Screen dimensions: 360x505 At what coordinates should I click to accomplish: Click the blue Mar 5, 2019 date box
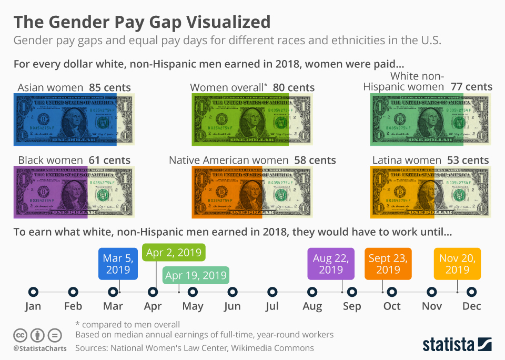click(x=118, y=264)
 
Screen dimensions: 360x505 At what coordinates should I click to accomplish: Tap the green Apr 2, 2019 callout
click(x=174, y=253)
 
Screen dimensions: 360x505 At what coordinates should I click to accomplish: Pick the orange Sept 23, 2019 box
click(x=388, y=264)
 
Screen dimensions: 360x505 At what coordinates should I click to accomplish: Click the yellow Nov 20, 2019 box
click(x=457, y=264)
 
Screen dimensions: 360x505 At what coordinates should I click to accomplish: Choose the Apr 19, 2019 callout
click(x=196, y=275)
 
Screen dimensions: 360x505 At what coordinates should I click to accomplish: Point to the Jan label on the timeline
click(x=33, y=306)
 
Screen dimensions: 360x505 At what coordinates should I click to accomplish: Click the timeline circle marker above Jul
click(x=272, y=292)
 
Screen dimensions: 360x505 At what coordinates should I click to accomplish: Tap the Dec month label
click(x=472, y=306)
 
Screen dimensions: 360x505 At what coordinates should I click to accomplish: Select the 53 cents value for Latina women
click(x=468, y=160)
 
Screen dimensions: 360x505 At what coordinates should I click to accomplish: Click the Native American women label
click(x=228, y=160)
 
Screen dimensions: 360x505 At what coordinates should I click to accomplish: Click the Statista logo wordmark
click(x=448, y=345)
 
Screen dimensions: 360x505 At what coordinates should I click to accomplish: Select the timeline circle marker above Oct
click(x=392, y=292)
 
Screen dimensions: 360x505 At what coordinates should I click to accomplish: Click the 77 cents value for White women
click(x=471, y=87)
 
